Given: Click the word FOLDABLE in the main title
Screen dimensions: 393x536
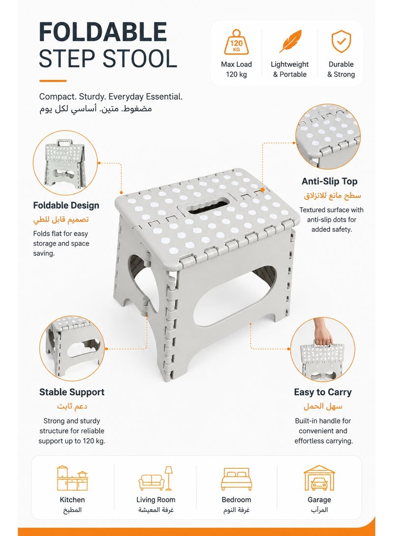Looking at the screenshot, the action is coord(103,32).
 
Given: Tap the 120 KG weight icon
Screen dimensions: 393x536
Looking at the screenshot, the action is coord(236,42).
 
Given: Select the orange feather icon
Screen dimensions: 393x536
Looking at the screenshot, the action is coord(290,41).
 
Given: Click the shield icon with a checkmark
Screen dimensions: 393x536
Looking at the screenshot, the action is coord(341,41).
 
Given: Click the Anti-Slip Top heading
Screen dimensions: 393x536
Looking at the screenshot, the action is coord(330,181).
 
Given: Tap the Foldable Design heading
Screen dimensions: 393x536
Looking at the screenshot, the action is coord(66,205).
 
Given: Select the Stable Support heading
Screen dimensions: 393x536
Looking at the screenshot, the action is coord(72,392).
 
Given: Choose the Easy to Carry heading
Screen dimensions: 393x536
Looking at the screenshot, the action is coord(323,393).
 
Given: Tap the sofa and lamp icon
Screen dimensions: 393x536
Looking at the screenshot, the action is coord(156,478).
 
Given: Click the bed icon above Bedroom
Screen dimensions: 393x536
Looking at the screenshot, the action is coord(236,479).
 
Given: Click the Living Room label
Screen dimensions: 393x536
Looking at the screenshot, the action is coord(156,500).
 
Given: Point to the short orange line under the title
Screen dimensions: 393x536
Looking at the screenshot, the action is coord(53,81).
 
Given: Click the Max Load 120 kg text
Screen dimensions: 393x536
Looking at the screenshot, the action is coord(236,69).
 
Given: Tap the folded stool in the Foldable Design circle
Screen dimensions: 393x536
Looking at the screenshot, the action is coord(64,164).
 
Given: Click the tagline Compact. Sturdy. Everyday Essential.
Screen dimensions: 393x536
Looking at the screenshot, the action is coord(111,97).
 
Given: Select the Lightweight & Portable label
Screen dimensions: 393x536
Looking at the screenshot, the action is coord(290,69).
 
